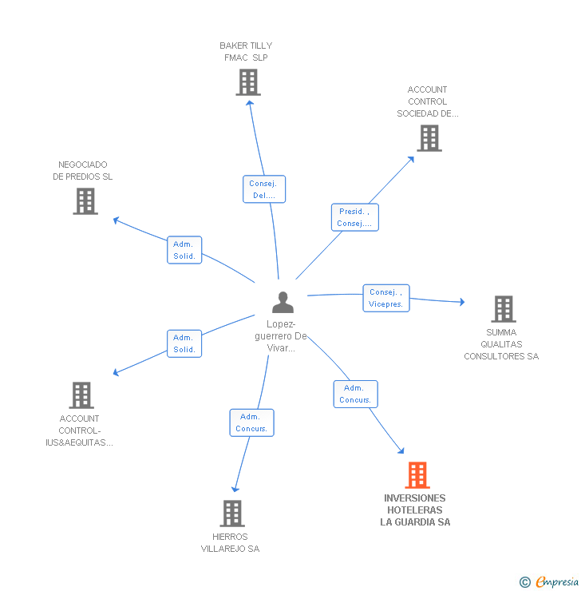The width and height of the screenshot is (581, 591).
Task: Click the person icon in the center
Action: pos(283,303)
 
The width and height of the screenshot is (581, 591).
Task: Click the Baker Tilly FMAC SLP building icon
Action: pos(248,82)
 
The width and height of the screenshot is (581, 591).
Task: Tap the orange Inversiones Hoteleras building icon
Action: pos(417,475)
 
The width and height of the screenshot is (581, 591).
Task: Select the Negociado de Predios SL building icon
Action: pos(85,201)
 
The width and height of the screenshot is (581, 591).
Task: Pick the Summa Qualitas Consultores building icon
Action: pos(503,309)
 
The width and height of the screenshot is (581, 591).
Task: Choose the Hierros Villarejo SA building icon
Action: pos(231,514)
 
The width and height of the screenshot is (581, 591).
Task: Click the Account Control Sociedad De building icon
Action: pos(429,138)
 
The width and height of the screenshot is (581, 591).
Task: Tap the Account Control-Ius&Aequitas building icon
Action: pos(81,395)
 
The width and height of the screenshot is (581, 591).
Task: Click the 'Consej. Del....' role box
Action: pos(264,189)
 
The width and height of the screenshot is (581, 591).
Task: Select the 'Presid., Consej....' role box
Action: pos(354,217)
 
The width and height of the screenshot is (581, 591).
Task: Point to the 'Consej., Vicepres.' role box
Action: pos(386,298)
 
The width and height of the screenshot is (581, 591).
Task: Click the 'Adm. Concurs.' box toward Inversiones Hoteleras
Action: pos(355,394)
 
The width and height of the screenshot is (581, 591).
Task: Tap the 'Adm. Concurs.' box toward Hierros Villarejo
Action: pos(251,422)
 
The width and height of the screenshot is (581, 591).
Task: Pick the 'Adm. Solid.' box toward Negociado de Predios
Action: pos(184,250)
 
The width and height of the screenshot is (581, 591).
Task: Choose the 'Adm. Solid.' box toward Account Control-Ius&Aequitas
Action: pos(184,343)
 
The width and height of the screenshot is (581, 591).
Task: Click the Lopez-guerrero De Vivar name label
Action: pos(281,336)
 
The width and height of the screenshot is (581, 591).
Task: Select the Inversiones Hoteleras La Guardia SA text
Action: pos(415,510)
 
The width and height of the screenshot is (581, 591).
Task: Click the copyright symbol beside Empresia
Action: pos(525,582)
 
